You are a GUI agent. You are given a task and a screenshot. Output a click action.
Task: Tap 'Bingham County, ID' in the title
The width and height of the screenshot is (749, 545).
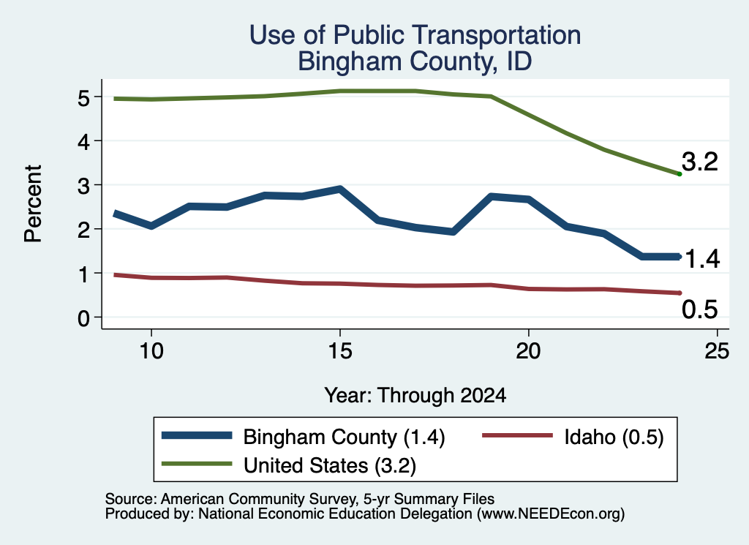tap(415, 61)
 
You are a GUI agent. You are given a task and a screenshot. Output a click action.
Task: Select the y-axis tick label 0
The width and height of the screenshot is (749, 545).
tap(83, 317)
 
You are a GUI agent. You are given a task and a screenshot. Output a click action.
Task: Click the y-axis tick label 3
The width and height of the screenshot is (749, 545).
tap(83, 185)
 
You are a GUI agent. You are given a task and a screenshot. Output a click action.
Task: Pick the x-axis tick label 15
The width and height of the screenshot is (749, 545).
tap(340, 352)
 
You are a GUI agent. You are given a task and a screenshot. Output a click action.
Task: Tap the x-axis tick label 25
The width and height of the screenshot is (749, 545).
tap(717, 352)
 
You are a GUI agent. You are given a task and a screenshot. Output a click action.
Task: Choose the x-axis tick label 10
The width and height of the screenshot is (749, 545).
tap(151, 352)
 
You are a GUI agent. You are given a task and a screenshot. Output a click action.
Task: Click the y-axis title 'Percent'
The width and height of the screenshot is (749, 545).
tap(33, 204)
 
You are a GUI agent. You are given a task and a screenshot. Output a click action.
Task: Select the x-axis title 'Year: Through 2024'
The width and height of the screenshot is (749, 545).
tap(415, 396)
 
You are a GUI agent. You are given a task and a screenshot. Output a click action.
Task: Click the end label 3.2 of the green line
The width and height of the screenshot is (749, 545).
tap(700, 162)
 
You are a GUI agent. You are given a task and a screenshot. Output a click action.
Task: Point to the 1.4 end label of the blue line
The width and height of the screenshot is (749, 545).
tap(701, 259)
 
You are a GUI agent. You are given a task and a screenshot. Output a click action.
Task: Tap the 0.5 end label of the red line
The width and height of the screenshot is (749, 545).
tap(700, 309)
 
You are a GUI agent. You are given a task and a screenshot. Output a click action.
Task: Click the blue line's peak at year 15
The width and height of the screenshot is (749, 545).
tap(340, 189)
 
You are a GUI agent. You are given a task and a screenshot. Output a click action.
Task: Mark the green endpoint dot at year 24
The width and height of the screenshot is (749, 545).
tap(680, 174)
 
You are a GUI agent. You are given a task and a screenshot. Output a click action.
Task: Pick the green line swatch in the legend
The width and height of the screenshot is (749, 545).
tap(197, 464)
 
